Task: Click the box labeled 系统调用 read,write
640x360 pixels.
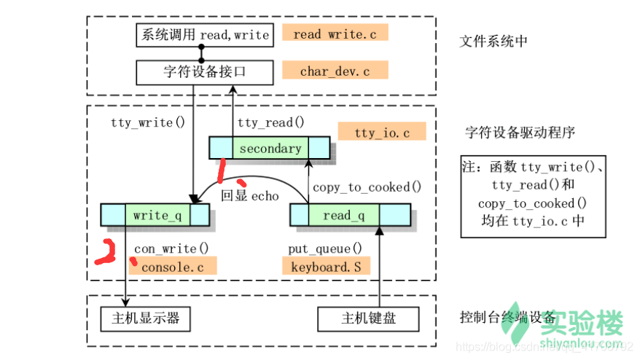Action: (x=204, y=35)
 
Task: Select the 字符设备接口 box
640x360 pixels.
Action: (x=204, y=72)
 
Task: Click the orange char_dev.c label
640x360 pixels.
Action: (x=335, y=71)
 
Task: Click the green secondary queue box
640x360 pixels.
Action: (x=270, y=148)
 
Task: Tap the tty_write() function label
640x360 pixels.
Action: (x=142, y=122)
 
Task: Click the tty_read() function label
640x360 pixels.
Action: (x=270, y=122)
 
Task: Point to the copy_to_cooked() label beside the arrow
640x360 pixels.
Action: (x=367, y=187)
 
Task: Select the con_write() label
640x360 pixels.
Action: (x=171, y=249)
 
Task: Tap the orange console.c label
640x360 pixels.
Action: (x=172, y=267)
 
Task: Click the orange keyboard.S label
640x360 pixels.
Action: (x=326, y=267)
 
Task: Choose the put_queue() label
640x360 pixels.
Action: (x=324, y=249)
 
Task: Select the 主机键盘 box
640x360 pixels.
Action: (x=369, y=318)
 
